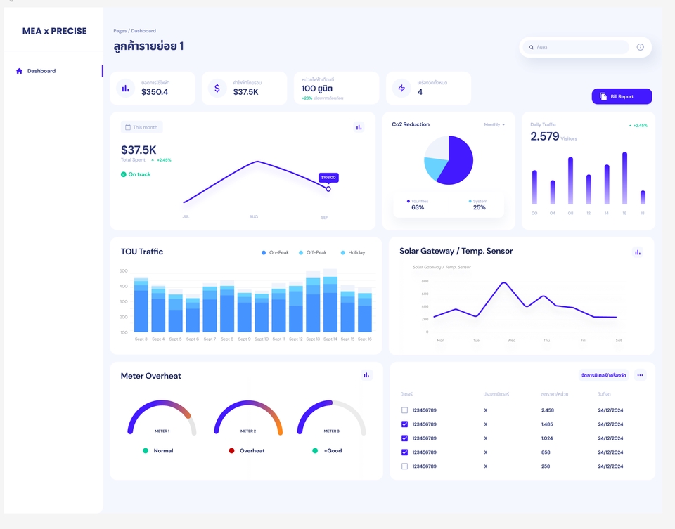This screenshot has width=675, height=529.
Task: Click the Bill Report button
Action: (622, 96)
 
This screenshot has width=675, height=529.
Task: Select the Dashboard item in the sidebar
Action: (41, 71)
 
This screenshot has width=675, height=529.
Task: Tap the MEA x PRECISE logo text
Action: (55, 31)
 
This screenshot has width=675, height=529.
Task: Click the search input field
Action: (579, 47)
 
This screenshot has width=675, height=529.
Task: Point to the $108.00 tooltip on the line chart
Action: (328, 178)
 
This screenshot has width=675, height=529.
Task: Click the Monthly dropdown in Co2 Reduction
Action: (494, 124)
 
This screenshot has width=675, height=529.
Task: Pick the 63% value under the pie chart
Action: (418, 207)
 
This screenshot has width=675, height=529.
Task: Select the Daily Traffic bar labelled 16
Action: (624, 178)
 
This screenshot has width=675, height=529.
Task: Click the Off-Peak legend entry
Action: (312, 252)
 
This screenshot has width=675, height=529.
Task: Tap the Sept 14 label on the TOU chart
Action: (330, 339)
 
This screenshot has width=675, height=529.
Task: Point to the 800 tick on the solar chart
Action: (425, 281)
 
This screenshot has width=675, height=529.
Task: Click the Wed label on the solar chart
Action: (511, 341)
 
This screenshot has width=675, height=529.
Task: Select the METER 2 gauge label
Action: (248, 431)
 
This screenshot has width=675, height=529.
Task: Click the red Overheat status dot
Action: (231, 450)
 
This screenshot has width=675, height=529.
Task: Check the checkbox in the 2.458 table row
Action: (404, 410)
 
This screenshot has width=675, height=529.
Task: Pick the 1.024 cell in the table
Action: (548, 438)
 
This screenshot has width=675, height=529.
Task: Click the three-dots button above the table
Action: (640, 375)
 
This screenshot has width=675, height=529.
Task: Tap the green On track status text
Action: (139, 174)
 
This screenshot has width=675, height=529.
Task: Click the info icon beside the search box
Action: (640, 47)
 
